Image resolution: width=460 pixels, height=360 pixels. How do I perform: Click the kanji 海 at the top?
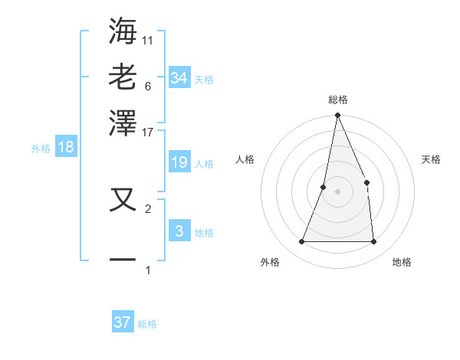[x=123, y=30]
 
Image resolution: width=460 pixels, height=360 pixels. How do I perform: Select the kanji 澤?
[x=123, y=123]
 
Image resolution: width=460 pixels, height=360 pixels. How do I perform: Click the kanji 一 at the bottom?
[x=123, y=259]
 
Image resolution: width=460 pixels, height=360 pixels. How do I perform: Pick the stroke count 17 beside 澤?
[x=148, y=132]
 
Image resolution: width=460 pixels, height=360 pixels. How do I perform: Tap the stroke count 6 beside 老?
[x=148, y=86]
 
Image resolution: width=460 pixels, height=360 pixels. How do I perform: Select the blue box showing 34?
[x=179, y=78]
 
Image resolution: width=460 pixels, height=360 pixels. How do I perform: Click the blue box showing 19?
[x=179, y=162]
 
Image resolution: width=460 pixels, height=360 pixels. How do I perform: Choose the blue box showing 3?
[x=179, y=231]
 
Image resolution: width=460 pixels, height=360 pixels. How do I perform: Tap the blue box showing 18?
[x=66, y=148]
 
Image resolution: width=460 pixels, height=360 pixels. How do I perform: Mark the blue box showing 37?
[x=123, y=322]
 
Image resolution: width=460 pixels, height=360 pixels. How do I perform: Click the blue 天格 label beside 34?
[x=204, y=80]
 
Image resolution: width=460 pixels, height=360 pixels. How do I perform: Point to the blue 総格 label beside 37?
[x=147, y=324]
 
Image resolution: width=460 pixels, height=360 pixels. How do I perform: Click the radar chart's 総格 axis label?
[x=337, y=100]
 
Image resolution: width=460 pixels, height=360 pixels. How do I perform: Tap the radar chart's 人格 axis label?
[x=245, y=159]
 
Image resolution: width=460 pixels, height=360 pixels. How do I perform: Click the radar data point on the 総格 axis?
[x=337, y=116]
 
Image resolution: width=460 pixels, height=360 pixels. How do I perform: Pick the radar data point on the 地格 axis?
[x=373, y=242]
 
